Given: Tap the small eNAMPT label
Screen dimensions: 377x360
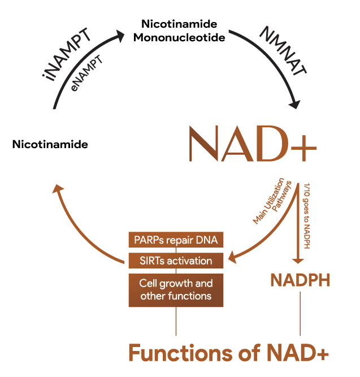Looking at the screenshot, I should click(86, 72).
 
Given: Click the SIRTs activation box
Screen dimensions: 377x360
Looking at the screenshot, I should click(176, 261).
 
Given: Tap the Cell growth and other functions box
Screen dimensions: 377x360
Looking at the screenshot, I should click(176, 289).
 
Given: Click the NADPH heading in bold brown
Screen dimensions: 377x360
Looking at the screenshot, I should click(300, 280).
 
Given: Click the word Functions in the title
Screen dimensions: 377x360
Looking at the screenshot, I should click(173, 353).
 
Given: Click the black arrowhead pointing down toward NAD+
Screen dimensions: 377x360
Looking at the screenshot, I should click(295, 105).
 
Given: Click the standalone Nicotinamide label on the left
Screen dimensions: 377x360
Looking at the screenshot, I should click(50, 145).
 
